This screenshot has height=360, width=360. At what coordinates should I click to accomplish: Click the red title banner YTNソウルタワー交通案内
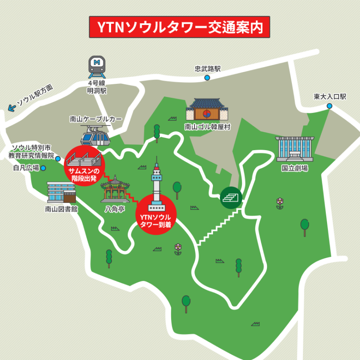point(180,27)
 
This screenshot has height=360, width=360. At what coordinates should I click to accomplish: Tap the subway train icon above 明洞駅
point(97,66)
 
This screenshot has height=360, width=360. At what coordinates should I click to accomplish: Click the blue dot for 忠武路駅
point(207,78)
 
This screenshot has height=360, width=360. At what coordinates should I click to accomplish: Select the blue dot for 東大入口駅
point(329,106)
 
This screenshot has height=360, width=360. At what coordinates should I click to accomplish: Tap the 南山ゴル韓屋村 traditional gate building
point(207,110)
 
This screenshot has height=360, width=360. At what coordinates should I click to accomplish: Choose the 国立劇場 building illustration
point(295,149)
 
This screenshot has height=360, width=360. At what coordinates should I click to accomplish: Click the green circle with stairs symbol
point(231,197)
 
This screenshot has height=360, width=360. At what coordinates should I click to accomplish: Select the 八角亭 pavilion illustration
point(115,190)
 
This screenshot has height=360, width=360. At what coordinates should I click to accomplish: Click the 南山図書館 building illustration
point(61,192)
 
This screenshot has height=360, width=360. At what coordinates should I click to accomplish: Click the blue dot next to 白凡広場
point(43,168)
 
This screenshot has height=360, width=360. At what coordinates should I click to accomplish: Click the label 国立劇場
point(295,168)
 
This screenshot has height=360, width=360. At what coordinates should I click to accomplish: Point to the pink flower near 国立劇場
point(280,202)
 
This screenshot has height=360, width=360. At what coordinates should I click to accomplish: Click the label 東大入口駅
point(330,97)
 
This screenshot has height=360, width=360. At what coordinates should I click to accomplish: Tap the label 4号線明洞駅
point(97,87)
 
